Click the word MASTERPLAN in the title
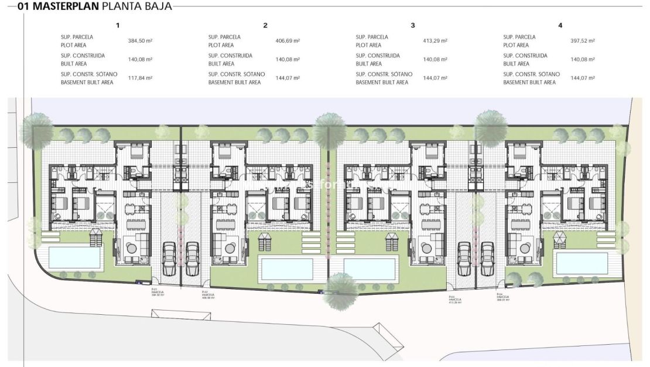click(x=66, y=7)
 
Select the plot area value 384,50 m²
click(x=140, y=41)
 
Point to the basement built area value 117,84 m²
click(x=140, y=78)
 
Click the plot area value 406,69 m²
click(x=288, y=41)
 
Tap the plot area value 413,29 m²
click(x=435, y=41)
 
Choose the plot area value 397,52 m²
click(x=583, y=41)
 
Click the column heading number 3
click(x=413, y=25)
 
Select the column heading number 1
click(x=118, y=25)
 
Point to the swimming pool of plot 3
click(x=371, y=267)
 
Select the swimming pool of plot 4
click(x=577, y=263)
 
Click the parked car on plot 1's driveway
click(x=168, y=258)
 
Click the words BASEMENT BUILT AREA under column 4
click(x=529, y=83)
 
